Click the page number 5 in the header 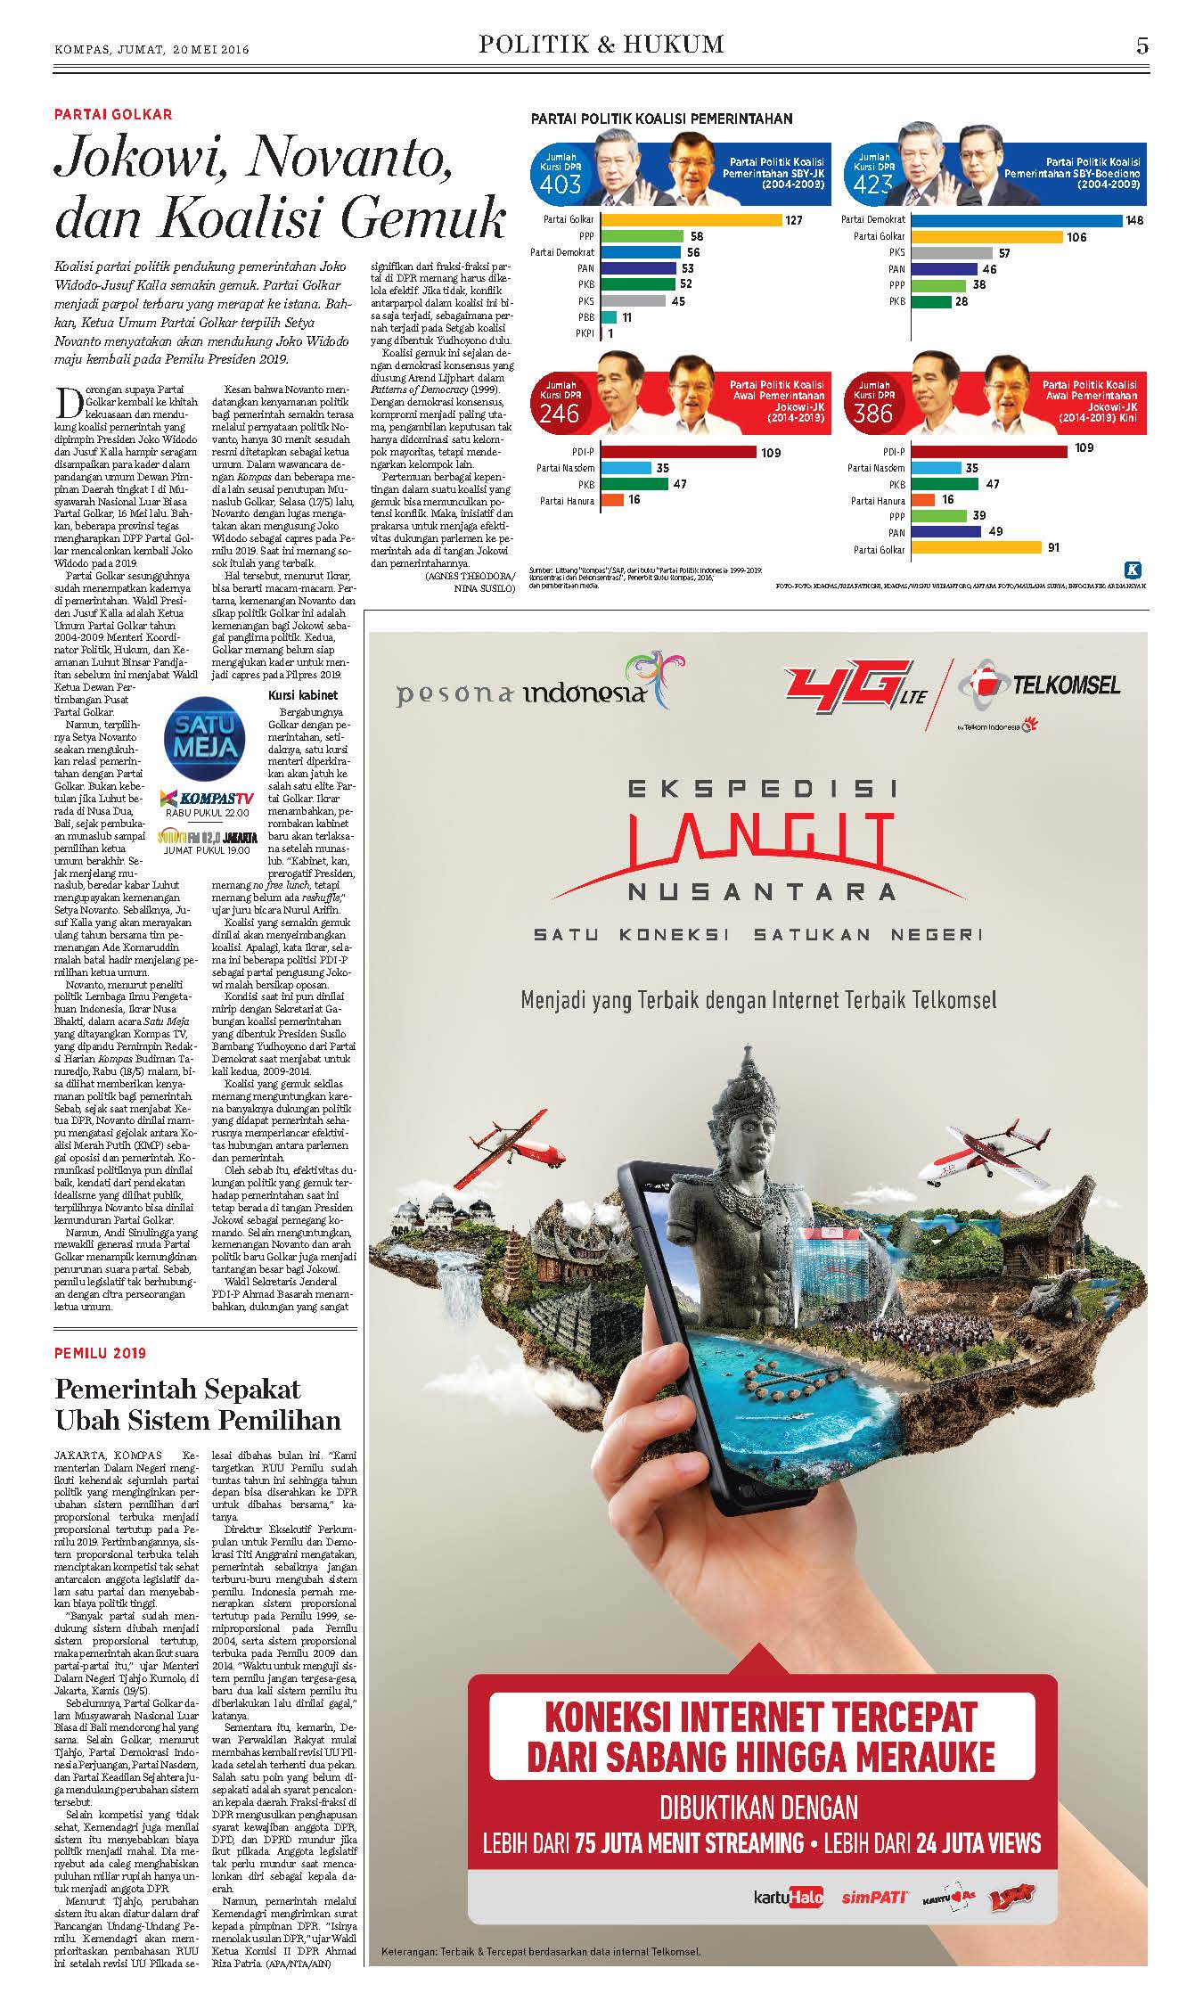click(x=1142, y=45)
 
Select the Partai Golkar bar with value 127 click(x=691, y=220)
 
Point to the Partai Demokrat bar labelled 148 click(x=1017, y=220)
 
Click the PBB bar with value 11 click(x=610, y=317)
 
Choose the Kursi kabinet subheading click(x=303, y=694)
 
